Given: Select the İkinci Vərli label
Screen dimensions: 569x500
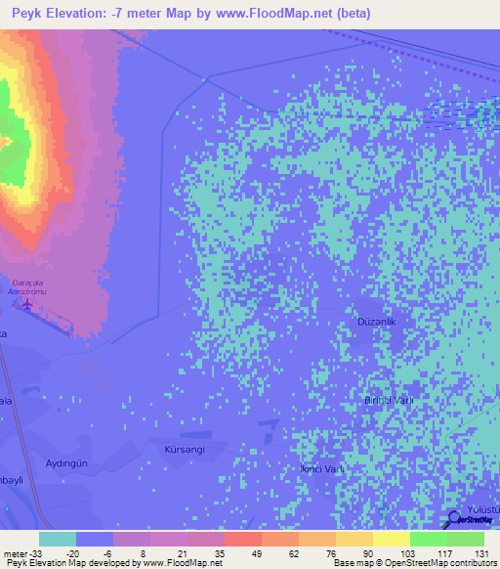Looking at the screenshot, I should click(323, 469).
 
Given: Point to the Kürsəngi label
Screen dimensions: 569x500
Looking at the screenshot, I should click(185, 449).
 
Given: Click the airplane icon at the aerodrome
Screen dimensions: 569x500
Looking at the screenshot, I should click(26, 305).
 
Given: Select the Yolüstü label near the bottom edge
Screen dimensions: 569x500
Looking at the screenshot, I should click(482, 510).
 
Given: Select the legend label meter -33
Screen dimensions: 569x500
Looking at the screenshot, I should click(20, 552).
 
